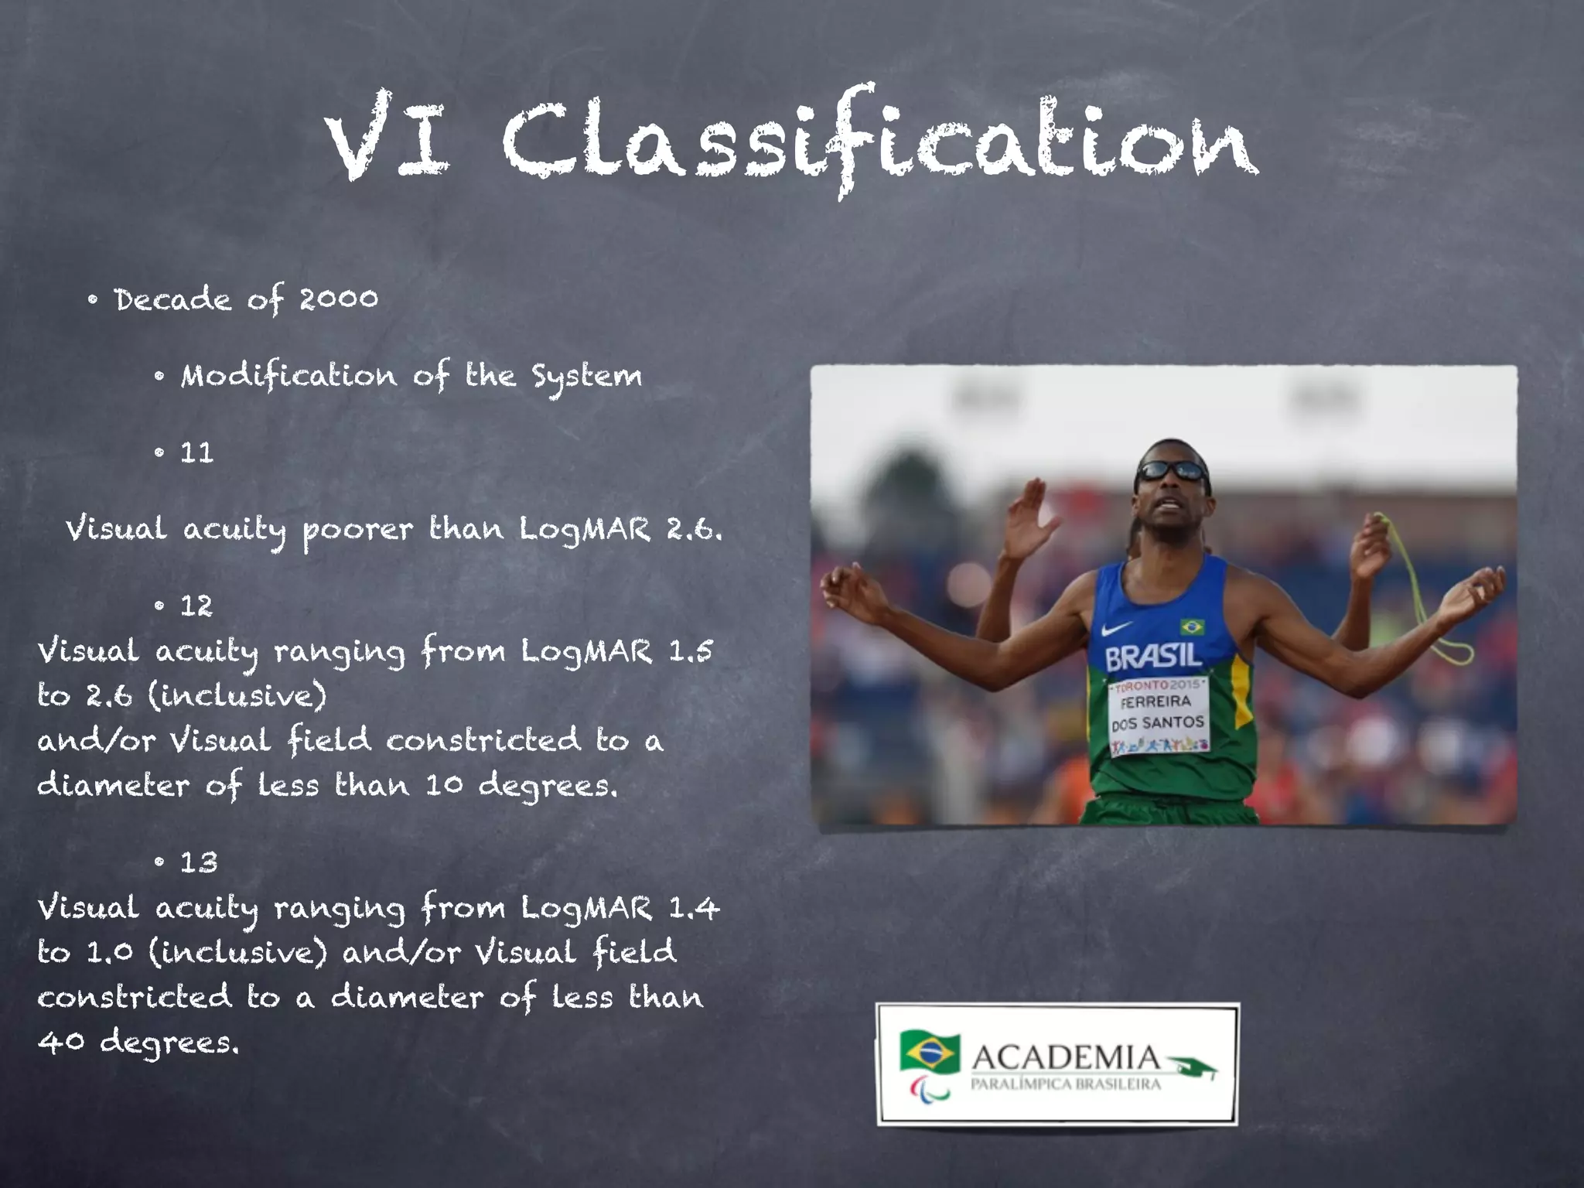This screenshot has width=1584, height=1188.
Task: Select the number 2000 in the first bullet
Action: pos(338,299)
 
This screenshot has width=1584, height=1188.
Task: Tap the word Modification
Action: pos(288,376)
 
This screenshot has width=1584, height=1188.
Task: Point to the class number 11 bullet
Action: pos(196,452)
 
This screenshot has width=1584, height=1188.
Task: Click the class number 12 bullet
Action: pos(196,606)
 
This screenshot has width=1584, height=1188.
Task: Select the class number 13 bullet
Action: pos(199,862)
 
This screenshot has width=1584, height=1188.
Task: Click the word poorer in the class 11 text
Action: pos(357,531)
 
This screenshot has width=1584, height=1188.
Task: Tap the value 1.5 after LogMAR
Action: pos(690,651)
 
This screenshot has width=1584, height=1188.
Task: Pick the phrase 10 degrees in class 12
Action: pos(521,786)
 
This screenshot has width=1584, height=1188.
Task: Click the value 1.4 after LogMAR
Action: pos(693,908)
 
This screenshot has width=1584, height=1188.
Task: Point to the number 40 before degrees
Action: pos(60,1043)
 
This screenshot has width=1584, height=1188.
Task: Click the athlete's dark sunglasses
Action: pos(1173,470)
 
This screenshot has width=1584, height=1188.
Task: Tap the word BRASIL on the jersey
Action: pos(1153,657)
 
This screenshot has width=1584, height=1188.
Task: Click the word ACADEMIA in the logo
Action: pos(1065,1057)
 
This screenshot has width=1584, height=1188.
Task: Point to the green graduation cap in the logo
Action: pos(1195,1068)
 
